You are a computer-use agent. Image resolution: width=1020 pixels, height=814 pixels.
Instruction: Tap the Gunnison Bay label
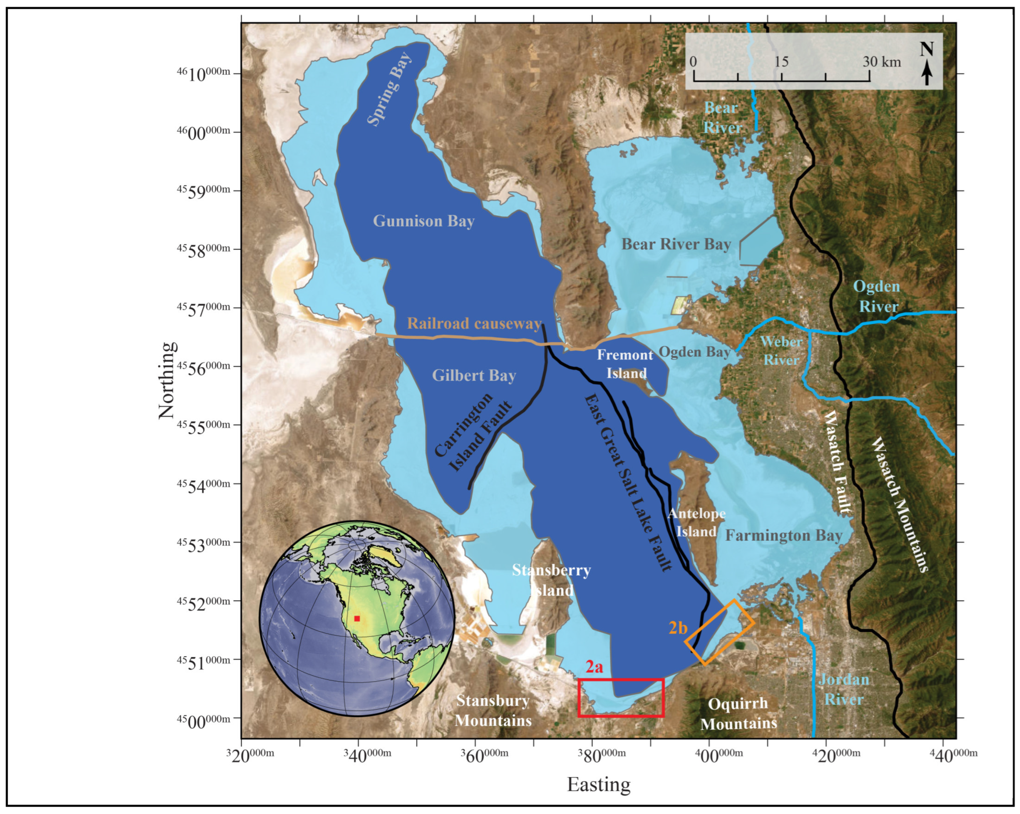pyautogui.click(x=423, y=221)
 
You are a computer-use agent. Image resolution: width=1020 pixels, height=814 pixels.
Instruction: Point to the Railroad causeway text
pyautogui.click(x=474, y=323)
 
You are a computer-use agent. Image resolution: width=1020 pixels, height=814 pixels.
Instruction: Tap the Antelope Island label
pyautogui.click(x=696, y=522)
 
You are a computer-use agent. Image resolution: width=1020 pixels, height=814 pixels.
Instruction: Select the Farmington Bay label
pyautogui.click(x=783, y=536)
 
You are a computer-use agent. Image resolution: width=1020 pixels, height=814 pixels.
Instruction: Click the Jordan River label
pyautogui.click(x=844, y=689)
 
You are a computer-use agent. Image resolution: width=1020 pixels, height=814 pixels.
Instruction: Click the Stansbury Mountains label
pyautogui.click(x=493, y=710)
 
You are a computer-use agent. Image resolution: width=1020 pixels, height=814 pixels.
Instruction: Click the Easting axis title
pyautogui.click(x=599, y=784)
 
